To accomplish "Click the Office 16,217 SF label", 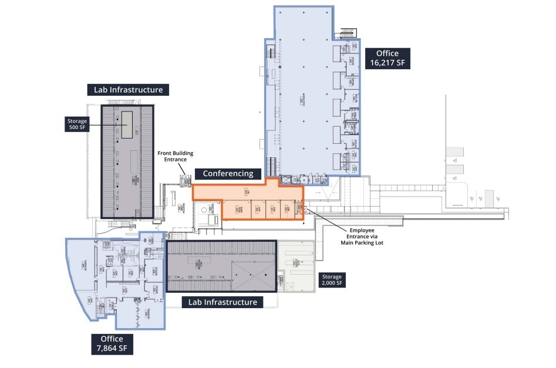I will (387, 58).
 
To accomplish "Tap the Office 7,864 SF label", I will (112, 344).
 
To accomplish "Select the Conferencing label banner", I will (231, 174).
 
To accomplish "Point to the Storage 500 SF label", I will (76, 124).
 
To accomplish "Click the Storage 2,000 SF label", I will (331, 280).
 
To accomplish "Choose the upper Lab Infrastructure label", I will (128, 90).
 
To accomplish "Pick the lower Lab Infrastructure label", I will (222, 302).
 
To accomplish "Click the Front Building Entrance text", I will (172, 157).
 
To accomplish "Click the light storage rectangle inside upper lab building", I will (127, 124).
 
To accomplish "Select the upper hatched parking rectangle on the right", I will (454, 151).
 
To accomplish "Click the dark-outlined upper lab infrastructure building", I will (128, 161).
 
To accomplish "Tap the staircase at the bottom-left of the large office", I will (271, 166).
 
